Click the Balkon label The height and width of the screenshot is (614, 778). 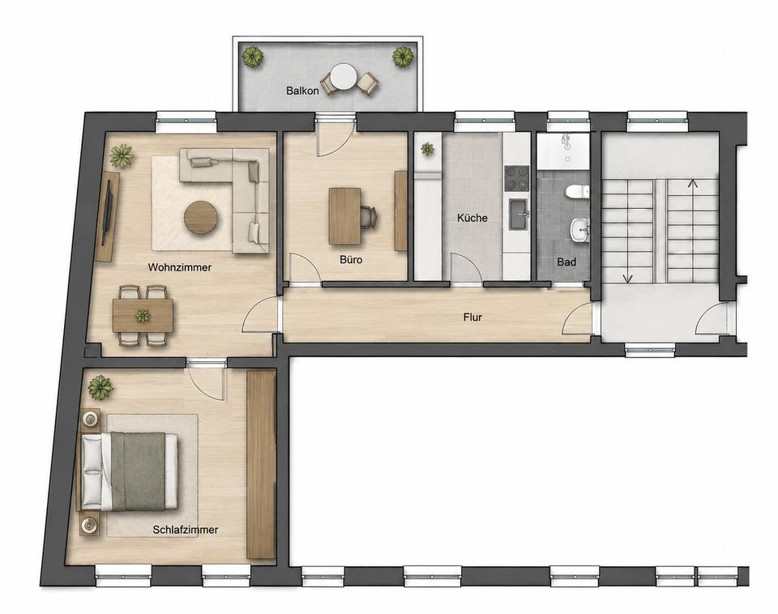302,91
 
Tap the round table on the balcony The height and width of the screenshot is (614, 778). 344,77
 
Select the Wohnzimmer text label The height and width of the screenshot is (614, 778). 180,267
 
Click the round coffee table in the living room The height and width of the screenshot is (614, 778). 201,217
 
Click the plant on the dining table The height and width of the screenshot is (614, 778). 143,315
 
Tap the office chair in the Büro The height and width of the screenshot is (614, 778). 368,217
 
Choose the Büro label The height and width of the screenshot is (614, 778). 351,259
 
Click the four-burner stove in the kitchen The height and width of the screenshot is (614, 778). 517,178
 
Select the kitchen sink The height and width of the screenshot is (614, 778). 518,215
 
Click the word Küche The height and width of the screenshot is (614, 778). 472,218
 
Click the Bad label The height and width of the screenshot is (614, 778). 566,262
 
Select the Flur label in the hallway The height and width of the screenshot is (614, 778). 472,317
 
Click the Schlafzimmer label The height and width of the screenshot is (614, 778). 186,530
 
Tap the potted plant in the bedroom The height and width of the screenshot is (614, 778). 100,387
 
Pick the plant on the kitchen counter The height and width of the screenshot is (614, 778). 427,148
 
